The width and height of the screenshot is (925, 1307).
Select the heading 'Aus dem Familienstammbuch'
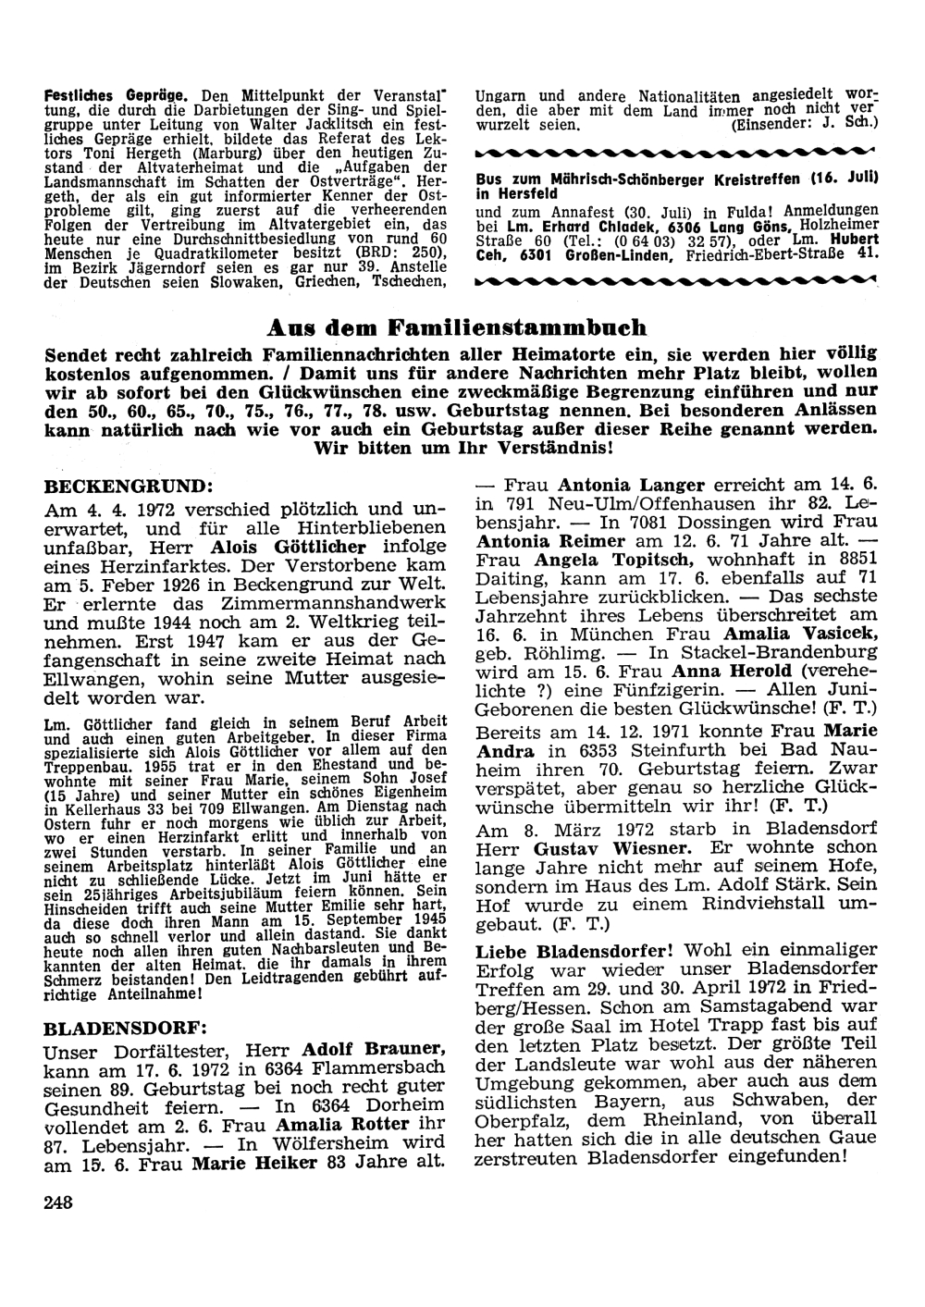456,328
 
